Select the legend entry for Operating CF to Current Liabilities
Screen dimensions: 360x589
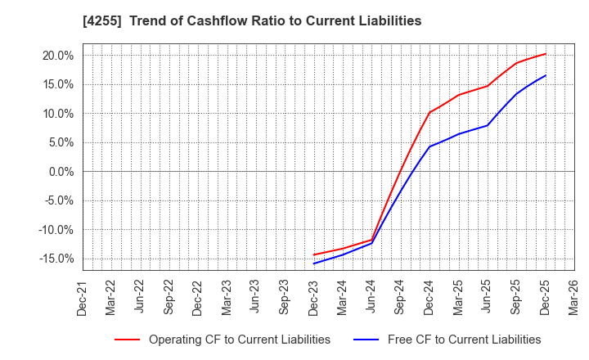[239, 340]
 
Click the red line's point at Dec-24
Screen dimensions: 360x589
[429, 112]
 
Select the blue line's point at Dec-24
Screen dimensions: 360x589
[429, 146]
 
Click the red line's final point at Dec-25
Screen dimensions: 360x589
[545, 54]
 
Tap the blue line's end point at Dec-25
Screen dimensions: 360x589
[545, 75]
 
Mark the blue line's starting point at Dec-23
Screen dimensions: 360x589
[314, 263]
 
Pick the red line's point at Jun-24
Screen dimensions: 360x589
[371, 240]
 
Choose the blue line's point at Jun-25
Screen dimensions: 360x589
[487, 125]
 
